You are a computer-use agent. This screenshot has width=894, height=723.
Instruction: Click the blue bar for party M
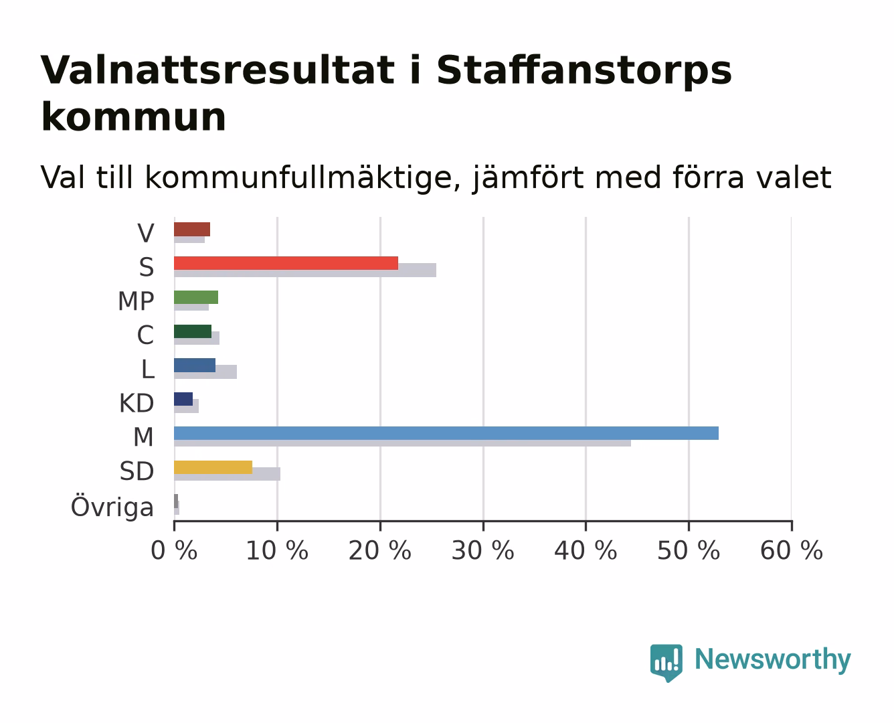(x=446, y=433)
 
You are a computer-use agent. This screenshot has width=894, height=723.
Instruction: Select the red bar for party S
(x=286, y=263)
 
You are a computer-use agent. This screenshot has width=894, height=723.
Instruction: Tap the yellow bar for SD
(x=213, y=467)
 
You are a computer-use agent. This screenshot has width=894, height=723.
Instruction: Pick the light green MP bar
(x=196, y=297)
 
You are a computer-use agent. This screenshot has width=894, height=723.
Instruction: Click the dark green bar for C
(x=193, y=331)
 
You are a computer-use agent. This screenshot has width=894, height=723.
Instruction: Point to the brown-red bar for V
(x=192, y=229)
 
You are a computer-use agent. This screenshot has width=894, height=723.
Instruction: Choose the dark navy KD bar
(x=183, y=399)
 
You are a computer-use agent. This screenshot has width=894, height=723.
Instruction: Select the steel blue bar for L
(x=195, y=365)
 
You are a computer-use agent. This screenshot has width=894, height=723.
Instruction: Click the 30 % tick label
(x=482, y=550)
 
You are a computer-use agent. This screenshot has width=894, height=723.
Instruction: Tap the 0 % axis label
(x=174, y=550)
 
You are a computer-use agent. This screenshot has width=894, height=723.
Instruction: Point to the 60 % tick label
(x=791, y=550)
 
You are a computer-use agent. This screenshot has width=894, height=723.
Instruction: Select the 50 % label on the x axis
(x=689, y=550)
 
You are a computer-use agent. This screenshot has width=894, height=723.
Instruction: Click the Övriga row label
(x=112, y=506)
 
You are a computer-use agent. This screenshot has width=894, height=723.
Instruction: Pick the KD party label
(x=137, y=403)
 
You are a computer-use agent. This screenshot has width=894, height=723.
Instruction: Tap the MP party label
(x=136, y=301)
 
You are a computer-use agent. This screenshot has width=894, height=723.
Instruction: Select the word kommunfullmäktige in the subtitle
(x=303, y=177)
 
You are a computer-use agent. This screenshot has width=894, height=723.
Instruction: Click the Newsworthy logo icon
(x=666, y=663)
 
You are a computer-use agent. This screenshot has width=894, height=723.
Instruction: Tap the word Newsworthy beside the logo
(x=773, y=659)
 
